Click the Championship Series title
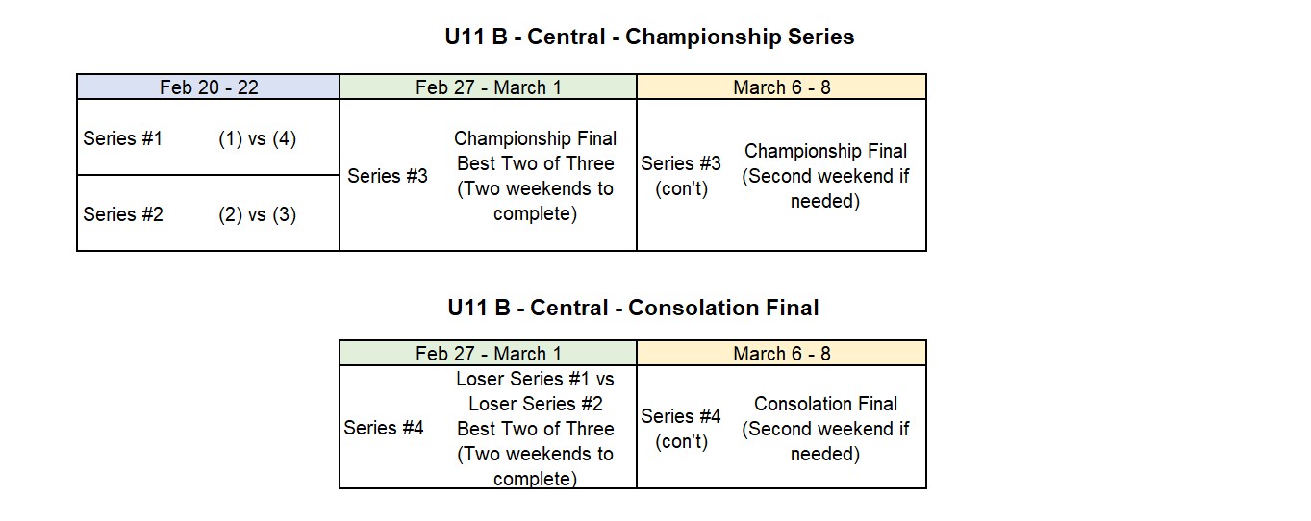(x=649, y=37)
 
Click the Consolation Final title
(x=633, y=308)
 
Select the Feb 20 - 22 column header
(x=209, y=87)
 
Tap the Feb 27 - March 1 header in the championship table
(x=488, y=87)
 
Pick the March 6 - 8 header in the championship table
(x=781, y=87)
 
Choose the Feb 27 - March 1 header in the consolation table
(x=488, y=353)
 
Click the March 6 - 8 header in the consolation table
(x=781, y=353)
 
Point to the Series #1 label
(x=122, y=138)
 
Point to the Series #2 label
(x=123, y=214)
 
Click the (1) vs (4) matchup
(x=258, y=138)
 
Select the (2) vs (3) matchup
(x=258, y=214)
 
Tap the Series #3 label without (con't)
(x=388, y=175)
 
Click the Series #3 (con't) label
(x=681, y=175)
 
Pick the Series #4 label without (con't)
(x=384, y=428)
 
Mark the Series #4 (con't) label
(x=681, y=429)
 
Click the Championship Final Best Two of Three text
(x=535, y=151)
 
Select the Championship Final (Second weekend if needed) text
(x=825, y=175)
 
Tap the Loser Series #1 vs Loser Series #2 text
(x=535, y=391)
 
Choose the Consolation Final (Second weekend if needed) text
(x=825, y=429)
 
